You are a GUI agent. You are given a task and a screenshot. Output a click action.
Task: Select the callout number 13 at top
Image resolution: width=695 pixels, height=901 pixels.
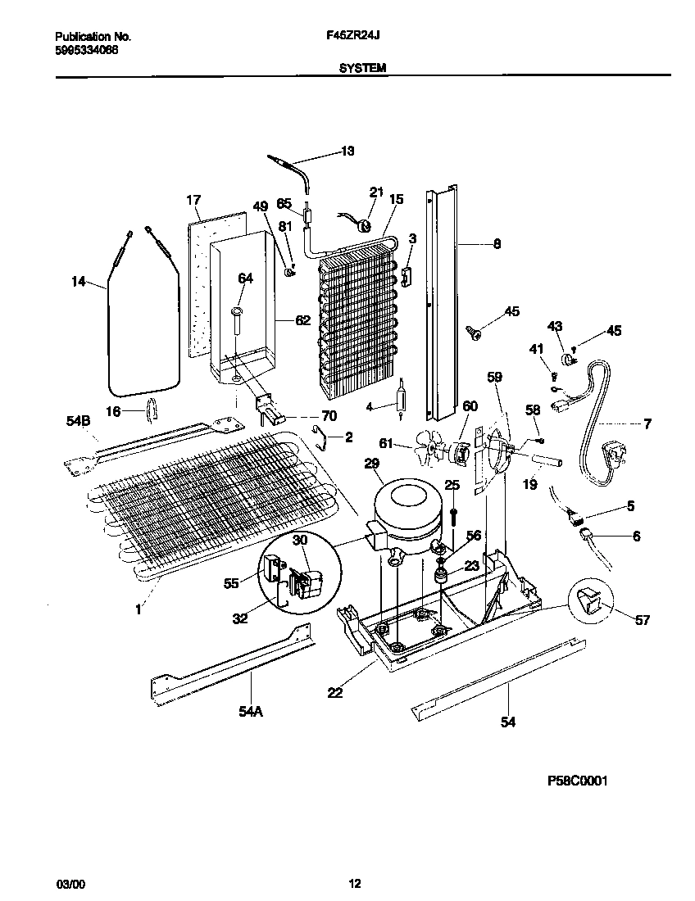click(x=347, y=151)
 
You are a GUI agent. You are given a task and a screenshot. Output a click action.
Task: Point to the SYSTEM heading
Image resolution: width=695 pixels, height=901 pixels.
click(x=362, y=70)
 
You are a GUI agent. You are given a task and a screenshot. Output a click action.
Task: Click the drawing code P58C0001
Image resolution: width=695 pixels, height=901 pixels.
click(x=577, y=781)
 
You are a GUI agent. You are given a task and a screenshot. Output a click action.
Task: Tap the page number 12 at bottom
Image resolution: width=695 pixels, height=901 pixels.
click(x=354, y=883)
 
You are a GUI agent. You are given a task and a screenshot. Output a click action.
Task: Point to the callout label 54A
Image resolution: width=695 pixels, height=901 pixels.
click(x=250, y=712)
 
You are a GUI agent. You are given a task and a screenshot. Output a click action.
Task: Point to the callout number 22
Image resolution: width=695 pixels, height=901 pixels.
click(x=334, y=692)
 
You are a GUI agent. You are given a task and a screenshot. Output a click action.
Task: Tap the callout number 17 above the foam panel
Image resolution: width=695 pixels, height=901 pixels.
click(x=193, y=200)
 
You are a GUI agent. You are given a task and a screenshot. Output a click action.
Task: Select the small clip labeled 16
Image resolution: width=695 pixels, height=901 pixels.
click(x=152, y=406)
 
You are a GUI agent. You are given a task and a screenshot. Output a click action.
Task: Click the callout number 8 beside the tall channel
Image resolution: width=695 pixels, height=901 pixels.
click(x=497, y=243)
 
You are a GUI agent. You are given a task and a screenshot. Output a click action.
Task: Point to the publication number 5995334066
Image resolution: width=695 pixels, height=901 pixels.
click(x=86, y=49)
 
